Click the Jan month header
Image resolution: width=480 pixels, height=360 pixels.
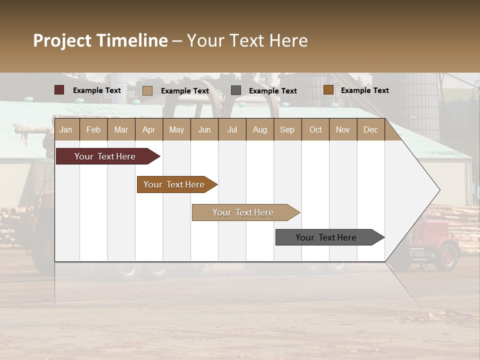66,129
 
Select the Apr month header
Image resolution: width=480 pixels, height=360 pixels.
148,129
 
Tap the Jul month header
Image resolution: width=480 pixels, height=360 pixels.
232,129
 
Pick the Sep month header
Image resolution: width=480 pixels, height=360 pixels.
287,129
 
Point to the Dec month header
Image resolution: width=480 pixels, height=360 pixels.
370,129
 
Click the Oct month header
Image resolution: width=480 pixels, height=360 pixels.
315,129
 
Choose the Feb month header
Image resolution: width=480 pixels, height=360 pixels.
93,129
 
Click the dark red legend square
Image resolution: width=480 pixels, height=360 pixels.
59,90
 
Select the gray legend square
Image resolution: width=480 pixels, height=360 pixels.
236,90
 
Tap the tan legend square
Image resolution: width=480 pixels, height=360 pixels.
147,90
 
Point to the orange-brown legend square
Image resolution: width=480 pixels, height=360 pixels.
328,90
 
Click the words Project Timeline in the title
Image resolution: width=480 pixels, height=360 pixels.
100,40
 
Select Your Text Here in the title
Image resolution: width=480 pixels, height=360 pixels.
247,40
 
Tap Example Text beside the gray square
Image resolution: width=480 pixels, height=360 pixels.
272,90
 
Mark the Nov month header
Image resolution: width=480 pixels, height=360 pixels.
343,129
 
